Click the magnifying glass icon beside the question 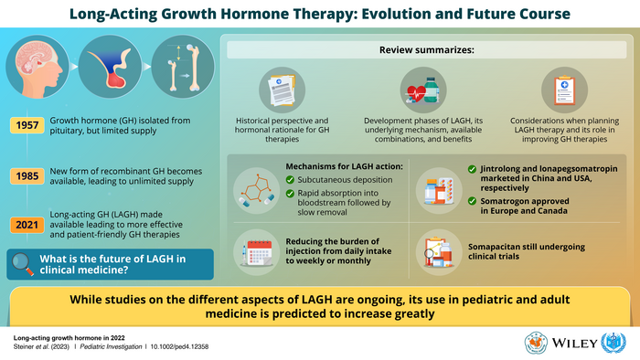pos(26,262)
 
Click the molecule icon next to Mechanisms pos(257,188)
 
